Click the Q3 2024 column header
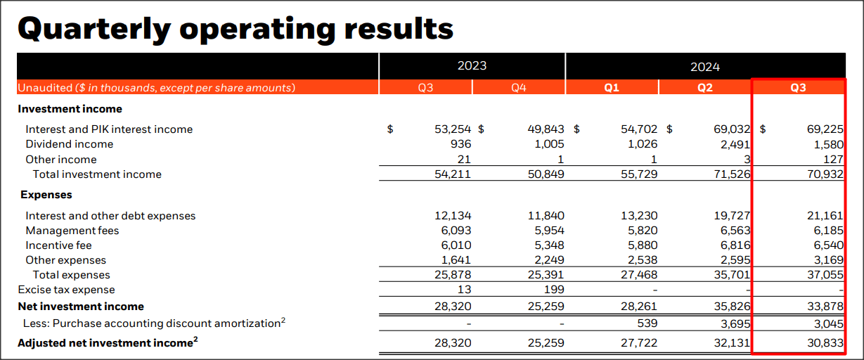point(798,88)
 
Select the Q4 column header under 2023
point(519,88)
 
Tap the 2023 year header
point(472,66)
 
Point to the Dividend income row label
point(69,144)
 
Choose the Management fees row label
point(72,231)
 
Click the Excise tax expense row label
point(66,290)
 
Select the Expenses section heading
point(46,195)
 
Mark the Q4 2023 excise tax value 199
point(554,290)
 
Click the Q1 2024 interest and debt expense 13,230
point(640,216)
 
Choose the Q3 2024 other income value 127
point(833,160)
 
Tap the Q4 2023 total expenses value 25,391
point(546,275)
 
